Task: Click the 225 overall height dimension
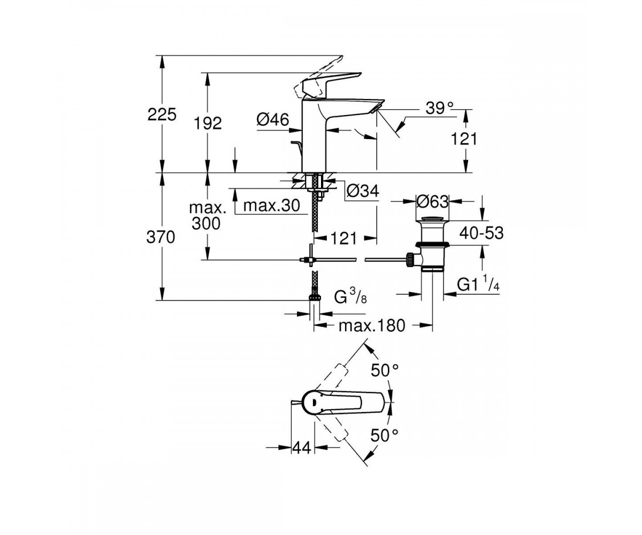[x=162, y=114]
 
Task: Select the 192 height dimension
[x=208, y=123]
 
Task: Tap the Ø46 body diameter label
[x=273, y=119]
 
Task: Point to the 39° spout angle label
[x=440, y=108]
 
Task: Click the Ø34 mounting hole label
[x=363, y=191]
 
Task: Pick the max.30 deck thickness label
[x=271, y=205]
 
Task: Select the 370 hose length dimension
[x=160, y=238]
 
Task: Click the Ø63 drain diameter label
[x=432, y=202]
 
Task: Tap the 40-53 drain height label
[x=481, y=233]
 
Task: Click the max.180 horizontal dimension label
[x=372, y=326]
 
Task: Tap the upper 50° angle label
[x=385, y=370]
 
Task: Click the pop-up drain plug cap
[x=432, y=219]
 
